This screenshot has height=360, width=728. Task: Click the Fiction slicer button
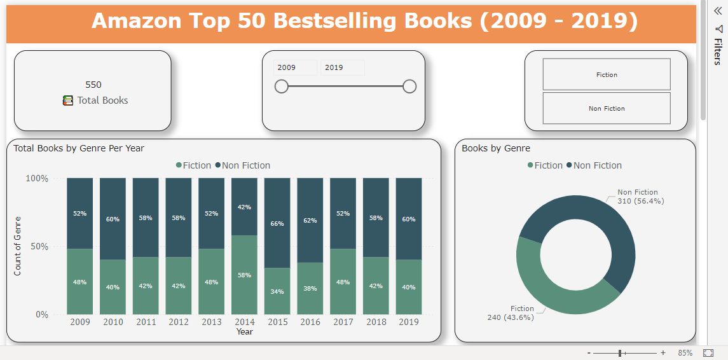click(x=606, y=74)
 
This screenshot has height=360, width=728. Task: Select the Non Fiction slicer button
click(x=606, y=108)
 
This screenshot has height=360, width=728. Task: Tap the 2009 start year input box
click(x=295, y=67)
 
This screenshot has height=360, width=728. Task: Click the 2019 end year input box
click(x=342, y=67)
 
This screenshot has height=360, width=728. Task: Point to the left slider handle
click(x=282, y=87)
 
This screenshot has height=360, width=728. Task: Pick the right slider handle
click(x=409, y=87)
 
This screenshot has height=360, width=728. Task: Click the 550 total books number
click(x=93, y=85)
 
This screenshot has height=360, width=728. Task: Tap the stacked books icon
click(x=68, y=100)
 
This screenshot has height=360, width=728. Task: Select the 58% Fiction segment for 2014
click(x=245, y=275)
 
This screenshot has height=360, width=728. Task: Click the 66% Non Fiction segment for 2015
click(x=278, y=223)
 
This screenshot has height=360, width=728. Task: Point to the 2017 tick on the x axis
click(x=343, y=322)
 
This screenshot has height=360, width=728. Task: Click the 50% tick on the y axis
click(x=37, y=246)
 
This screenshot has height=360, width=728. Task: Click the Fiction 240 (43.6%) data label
click(x=511, y=313)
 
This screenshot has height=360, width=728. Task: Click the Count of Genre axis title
click(x=18, y=247)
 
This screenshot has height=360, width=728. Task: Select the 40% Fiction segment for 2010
click(x=113, y=287)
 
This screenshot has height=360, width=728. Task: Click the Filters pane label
click(x=718, y=52)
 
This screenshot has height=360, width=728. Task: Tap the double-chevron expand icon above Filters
click(x=718, y=11)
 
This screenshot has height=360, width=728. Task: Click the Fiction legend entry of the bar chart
click(x=193, y=165)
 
